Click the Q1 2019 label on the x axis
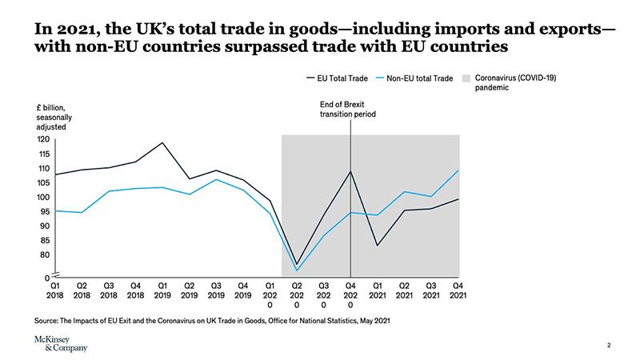pyautogui.click(x=162, y=289)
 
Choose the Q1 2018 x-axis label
pyautogui.click(x=54, y=289)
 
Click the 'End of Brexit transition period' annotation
pyautogui.click(x=348, y=110)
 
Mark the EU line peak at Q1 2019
pyautogui.click(x=162, y=143)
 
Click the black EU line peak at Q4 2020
pyautogui.click(x=350, y=171)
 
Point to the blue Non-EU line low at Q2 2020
pyautogui.click(x=297, y=270)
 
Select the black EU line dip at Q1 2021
pyautogui.click(x=378, y=245)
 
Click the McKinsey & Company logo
pyautogui.click(x=62, y=343)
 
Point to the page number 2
pyautogui.click(x=609, y=346)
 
